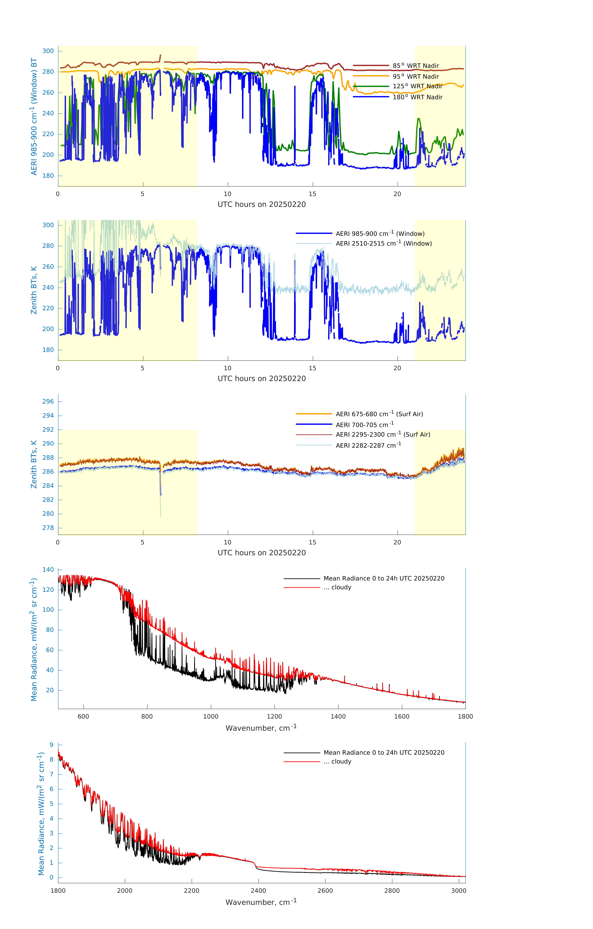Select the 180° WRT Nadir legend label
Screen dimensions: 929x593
pyautogui.click(x=417, y=97)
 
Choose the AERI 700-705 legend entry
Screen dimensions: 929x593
pyautogui.click(x=364, y=425)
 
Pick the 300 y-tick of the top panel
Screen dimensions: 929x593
pyautogui.click(x=48, y=51)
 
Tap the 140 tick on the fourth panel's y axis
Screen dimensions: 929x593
pyautogui.click(x=48, y=569)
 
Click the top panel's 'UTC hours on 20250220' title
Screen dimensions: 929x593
pyautogui.click(x=262, y=205)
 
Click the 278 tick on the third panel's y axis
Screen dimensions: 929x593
pyautogui.click(x=48, y=528)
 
